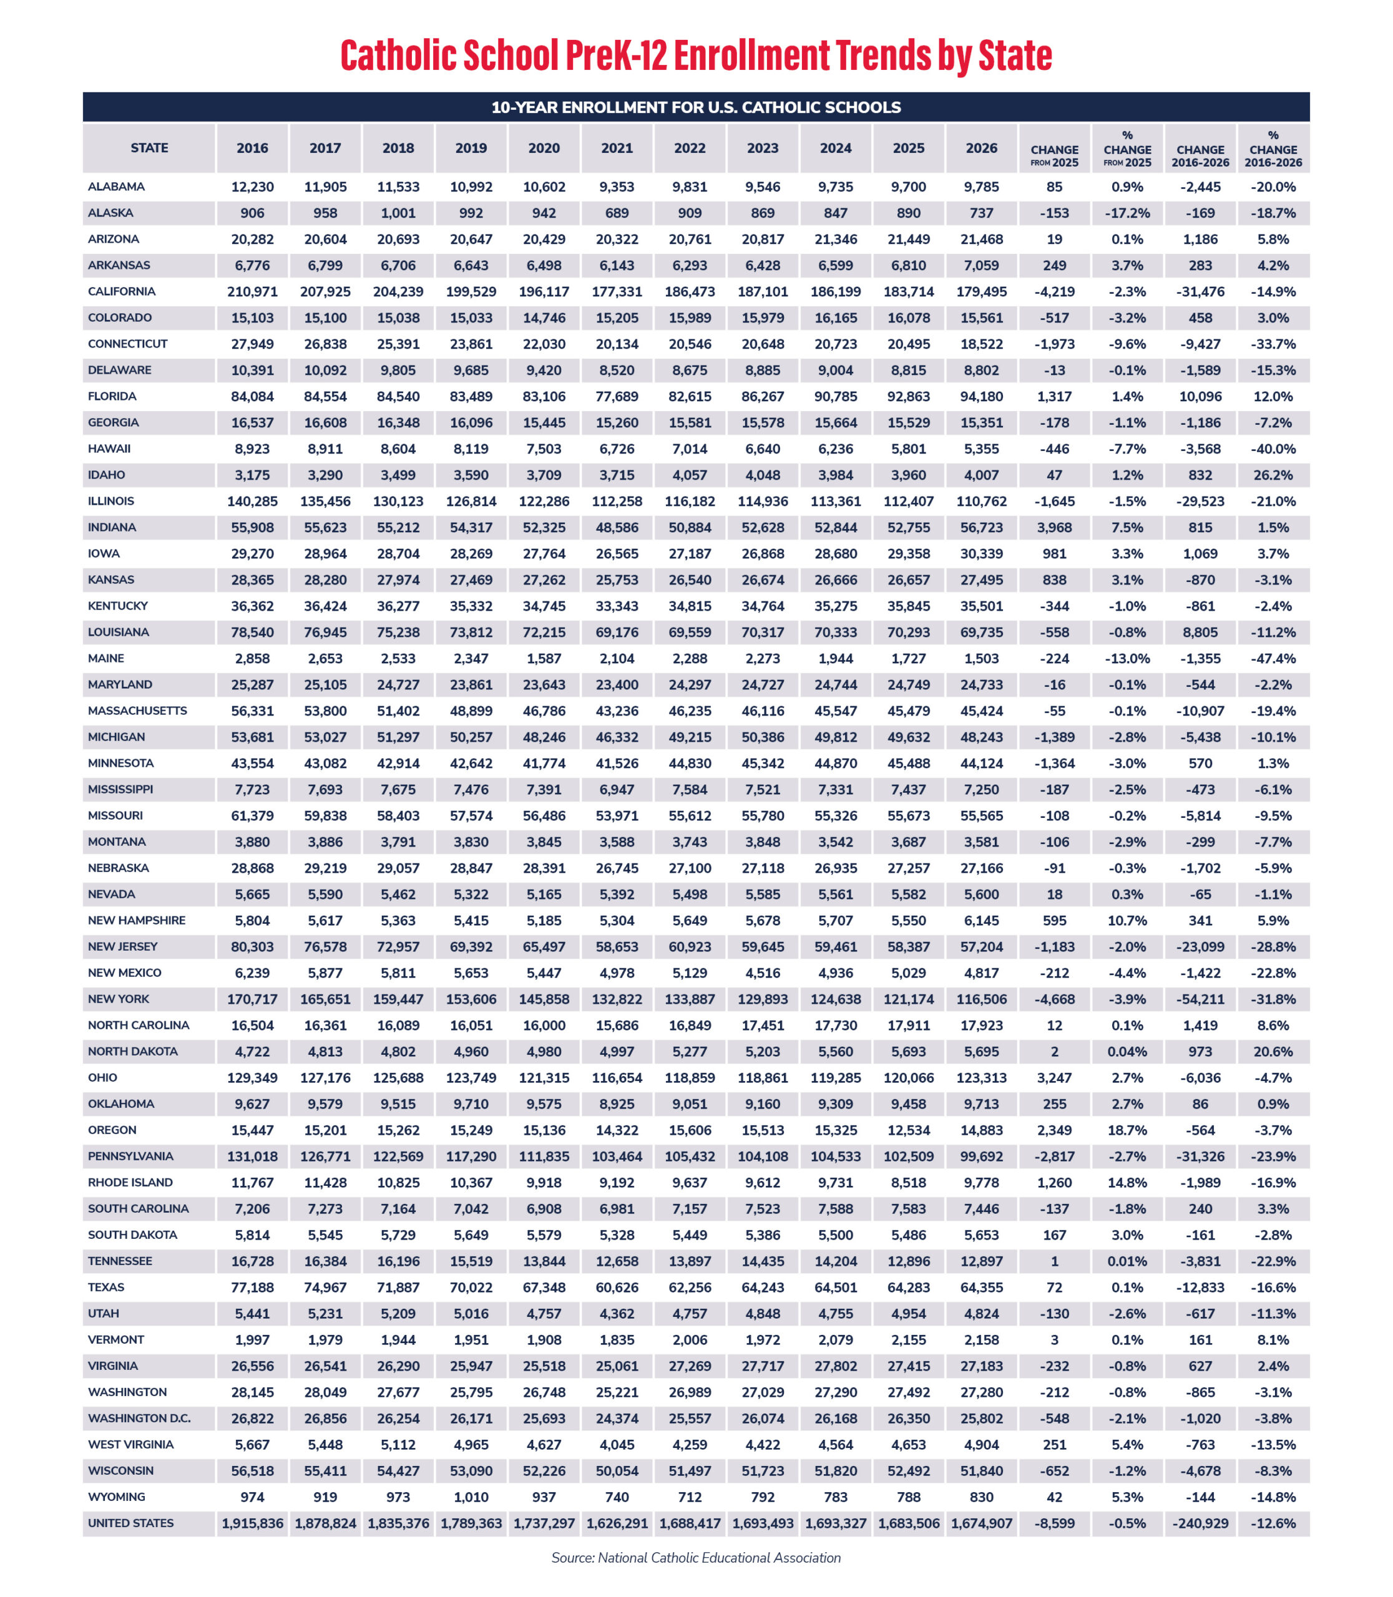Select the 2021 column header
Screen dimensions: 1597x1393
click(617, 148)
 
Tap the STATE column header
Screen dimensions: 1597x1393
click(149, 148)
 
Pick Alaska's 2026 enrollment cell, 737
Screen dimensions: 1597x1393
click(981, 213)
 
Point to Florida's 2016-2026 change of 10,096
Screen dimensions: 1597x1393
click(1200, 396)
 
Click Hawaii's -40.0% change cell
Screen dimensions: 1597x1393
click(1273, 449)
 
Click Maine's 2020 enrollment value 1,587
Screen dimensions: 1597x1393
click(544, 658)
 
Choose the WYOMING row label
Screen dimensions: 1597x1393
click(117, 1497)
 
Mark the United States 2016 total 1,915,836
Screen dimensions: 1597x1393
click(252, 1523)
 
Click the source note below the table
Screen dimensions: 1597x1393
click(696, 1557)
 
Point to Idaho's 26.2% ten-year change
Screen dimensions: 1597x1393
click(1273, 475)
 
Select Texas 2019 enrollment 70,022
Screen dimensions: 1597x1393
click(471, 1287)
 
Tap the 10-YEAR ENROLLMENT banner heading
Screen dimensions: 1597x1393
click(696, 107)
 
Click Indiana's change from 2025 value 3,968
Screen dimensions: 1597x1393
click(1054, 527)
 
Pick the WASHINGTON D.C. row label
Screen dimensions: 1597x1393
click(139, 1418)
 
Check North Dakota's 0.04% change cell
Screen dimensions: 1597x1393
click(1127, 1051)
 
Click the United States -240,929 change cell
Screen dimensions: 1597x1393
click(1200, 1523)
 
